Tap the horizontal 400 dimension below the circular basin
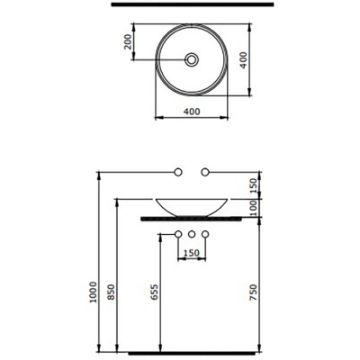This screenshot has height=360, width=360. [x=191, y=112]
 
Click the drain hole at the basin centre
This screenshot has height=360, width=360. [x=192, y=60]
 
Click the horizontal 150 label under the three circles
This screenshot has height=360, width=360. [x=192, y=253]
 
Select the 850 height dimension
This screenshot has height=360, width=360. [x=111, y=292]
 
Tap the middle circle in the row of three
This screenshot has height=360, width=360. [x=192, y=235]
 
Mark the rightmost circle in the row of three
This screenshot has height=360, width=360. [x=206, y=235]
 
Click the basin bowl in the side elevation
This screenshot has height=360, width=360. [x=192, y=205]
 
